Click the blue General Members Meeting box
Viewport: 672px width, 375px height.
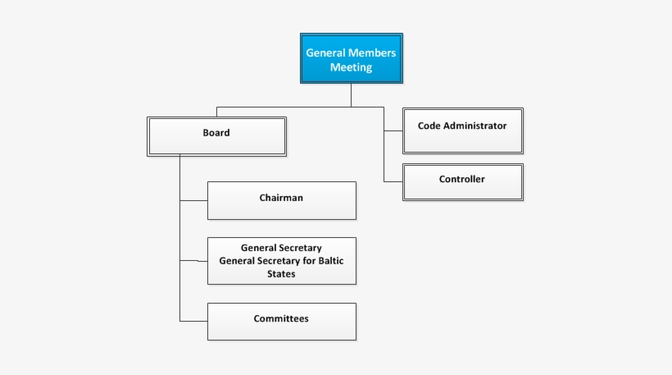pos(352,58)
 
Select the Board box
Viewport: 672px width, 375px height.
pos(217,136)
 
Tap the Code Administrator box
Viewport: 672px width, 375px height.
pos(463,130)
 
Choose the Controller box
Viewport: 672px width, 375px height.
pos(463,182)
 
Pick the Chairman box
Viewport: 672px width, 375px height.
pos(282,200)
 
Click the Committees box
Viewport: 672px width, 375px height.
pos(282,322)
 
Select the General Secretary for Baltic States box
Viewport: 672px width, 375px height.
pos(282,261)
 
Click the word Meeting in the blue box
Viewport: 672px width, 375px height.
pos(351,67)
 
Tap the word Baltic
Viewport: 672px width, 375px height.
pos(331,261)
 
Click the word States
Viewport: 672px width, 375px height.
pos(281,274)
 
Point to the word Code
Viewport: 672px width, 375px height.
pos(429,126)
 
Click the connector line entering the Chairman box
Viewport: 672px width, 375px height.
pos(193,200)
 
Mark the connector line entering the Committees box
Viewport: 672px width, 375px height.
pos(193,321)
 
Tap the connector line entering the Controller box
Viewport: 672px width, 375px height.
pos(393,181)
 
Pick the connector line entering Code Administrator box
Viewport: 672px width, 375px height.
pos(393,130)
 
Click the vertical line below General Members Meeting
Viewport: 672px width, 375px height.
pos(351,95)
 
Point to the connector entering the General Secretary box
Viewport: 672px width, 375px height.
pos(193,260)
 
